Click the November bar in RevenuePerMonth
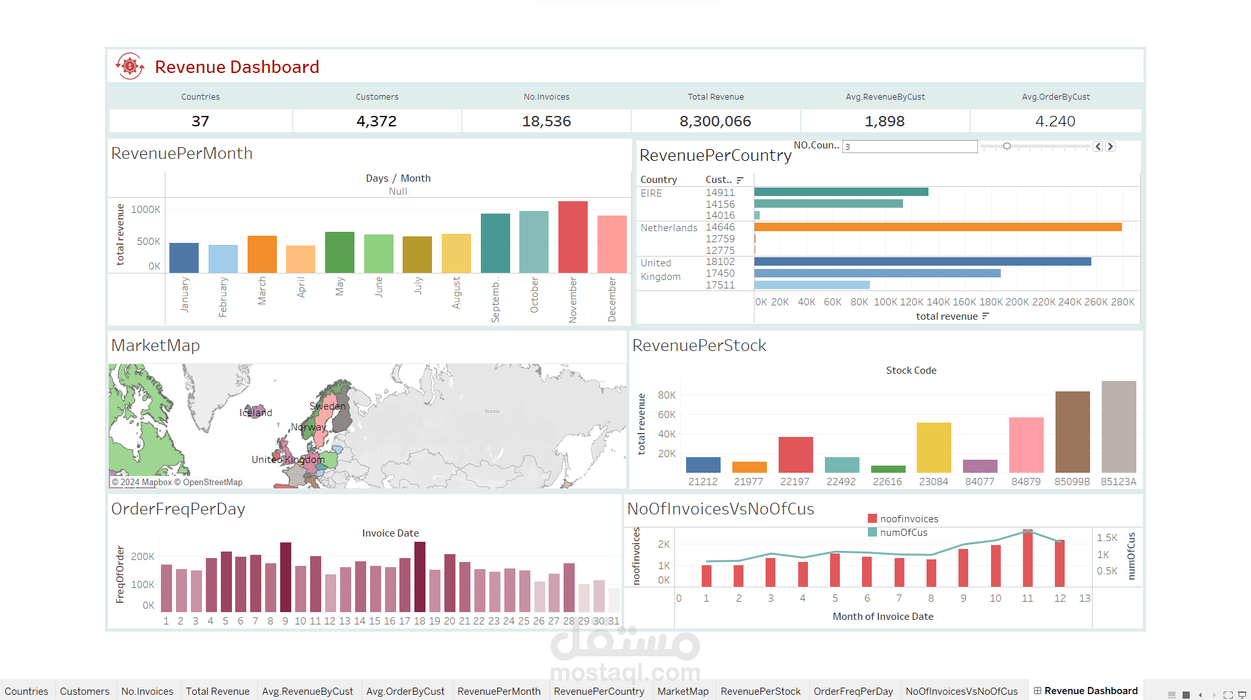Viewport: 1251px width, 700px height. pyautogui.click(x=573, y=237)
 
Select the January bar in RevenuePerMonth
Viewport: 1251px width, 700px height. pyautogui.click(x=184, y=258)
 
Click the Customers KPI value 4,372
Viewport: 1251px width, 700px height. pyautogui.click(x=377, y=121)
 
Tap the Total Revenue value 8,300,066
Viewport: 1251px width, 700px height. pyautogui.click(x=715, y=121)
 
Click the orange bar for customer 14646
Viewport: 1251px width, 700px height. pyautogui.click(x=938, y=227)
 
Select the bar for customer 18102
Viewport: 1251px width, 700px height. pyautogui.click(x=922, y=262)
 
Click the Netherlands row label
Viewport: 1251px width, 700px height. pyautogui.click(x=669, y=228)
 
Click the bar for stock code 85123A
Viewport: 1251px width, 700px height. pyautogui.click(x=1118, y=427)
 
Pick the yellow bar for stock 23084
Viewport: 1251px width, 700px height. pyautogui.click(x=934, y=447)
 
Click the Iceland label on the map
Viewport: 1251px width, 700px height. pyautogui.click(x=255, y=413)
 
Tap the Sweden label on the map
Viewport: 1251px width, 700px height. pyautogui.click(x=327, y=406)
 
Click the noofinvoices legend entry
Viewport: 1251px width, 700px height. pyautogui.click(x=908, y=519)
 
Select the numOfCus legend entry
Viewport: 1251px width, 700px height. pyautogui.click(x=903, y=533)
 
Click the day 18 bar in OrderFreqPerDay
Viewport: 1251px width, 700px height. pyautogui.click(x=420, y=567)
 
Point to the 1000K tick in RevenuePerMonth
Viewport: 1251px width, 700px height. pyautogui.click(x=145, y=210)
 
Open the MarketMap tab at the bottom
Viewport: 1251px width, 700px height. pyautogui.click(x=682, y=691)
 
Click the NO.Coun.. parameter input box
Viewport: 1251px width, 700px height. pyautogui.click(x=910, y=147)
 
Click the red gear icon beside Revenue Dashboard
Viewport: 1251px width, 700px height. pyautogui.click(x=130, y=66)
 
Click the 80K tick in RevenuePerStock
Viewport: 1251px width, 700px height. pyautogui.click(x=667, y=395)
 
